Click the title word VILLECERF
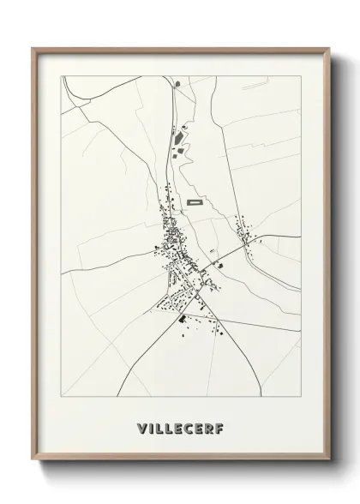[x=180, y=425]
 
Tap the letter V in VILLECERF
[x=139, y=425]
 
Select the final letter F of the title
[x=221, y=425]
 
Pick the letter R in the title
[x=211, y=425]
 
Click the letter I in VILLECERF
[x=149, y=425]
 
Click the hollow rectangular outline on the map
[x=195, y=203]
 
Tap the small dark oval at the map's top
[x=177, y=84]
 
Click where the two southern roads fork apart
[x=196, y=297]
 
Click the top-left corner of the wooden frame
[x=33, y=49]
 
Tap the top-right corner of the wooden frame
[x=329, y=49]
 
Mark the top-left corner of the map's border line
[x=61, y=75]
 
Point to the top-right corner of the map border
[x=301, y=75]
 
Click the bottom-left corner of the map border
[x=61, y=391]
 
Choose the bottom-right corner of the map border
[x=301, y=391]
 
